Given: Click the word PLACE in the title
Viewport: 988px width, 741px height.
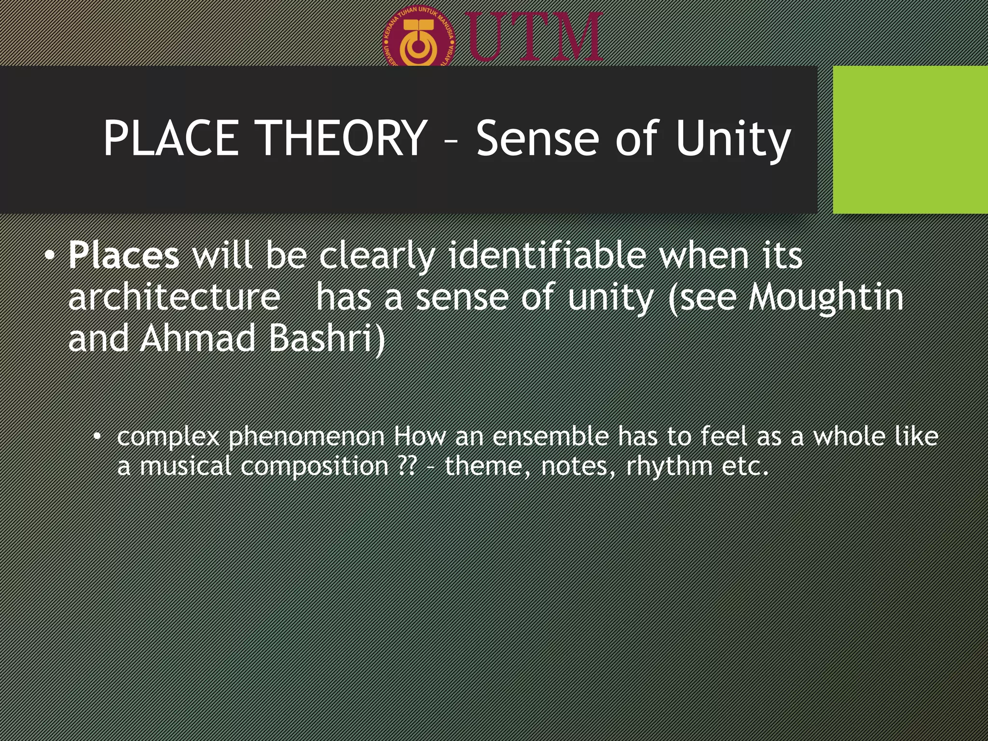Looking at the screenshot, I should click(171, 138).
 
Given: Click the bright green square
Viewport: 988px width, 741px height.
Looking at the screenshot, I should click(910, 139).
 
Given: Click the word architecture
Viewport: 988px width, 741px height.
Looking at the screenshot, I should click(174, 297).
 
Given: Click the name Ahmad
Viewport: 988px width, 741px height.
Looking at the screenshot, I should click(198, 338).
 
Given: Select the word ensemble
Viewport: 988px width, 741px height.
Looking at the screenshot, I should click(550, 436).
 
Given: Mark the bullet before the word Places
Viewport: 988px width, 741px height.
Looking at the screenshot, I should click(50, 255).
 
